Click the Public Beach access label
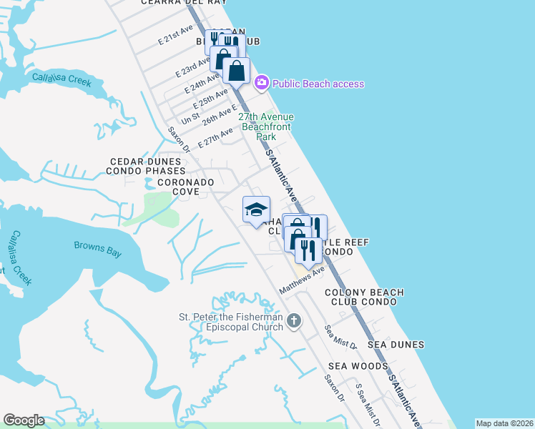click(x=318, y=84)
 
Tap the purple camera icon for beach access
click(x=262, y=84)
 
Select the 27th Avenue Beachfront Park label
click(x=266, y=127)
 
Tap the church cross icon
click(x=294, y=322)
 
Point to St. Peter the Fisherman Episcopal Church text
click(x=230, y=322)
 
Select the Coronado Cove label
click(x=186, y=187)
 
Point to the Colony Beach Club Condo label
click(x=364, y=297)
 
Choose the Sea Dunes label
click(x=396, y=345)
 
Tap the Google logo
click(x=24, y=420)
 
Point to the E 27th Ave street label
click(x=215, y=138)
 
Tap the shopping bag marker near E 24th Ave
click(x=235, y=70)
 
